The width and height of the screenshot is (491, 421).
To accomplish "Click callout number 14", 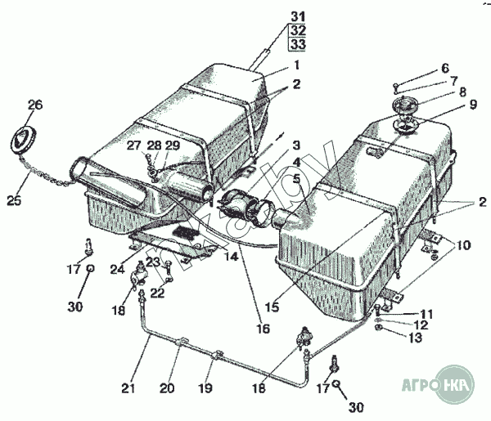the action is (232, 257).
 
